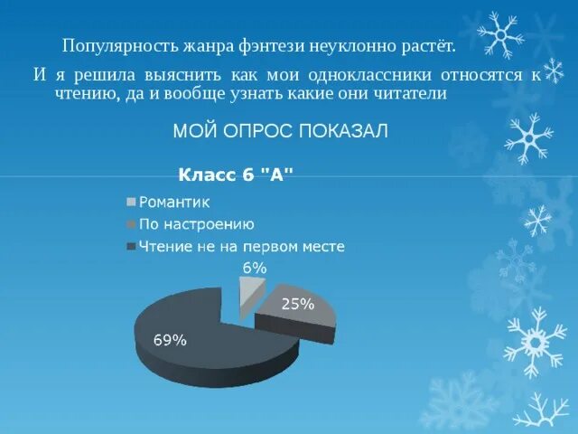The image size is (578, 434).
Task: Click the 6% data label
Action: pos(254,268)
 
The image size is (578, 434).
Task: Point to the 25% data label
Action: pos(298,305)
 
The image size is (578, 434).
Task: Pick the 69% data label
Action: pos(170,341)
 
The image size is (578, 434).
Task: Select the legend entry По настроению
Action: pos(195,224)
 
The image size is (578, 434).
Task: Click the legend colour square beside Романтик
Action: pos(132,203)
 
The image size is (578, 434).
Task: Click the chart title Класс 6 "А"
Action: pos(236,176)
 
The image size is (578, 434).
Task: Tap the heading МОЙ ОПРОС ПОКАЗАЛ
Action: pos(280,132)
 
